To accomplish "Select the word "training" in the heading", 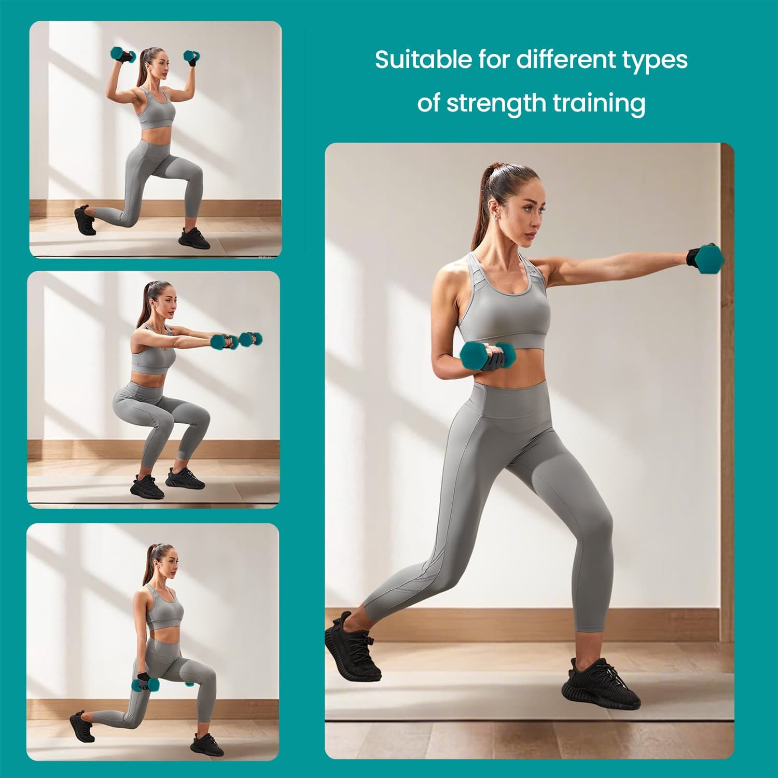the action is (x=599, y=103).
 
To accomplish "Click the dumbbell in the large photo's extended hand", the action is (x=708, y=258).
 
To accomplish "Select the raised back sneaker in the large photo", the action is (x=352, y=646).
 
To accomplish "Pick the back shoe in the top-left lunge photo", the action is (x=85, y=220).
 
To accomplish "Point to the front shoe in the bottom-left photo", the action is (x=206, y=745).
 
